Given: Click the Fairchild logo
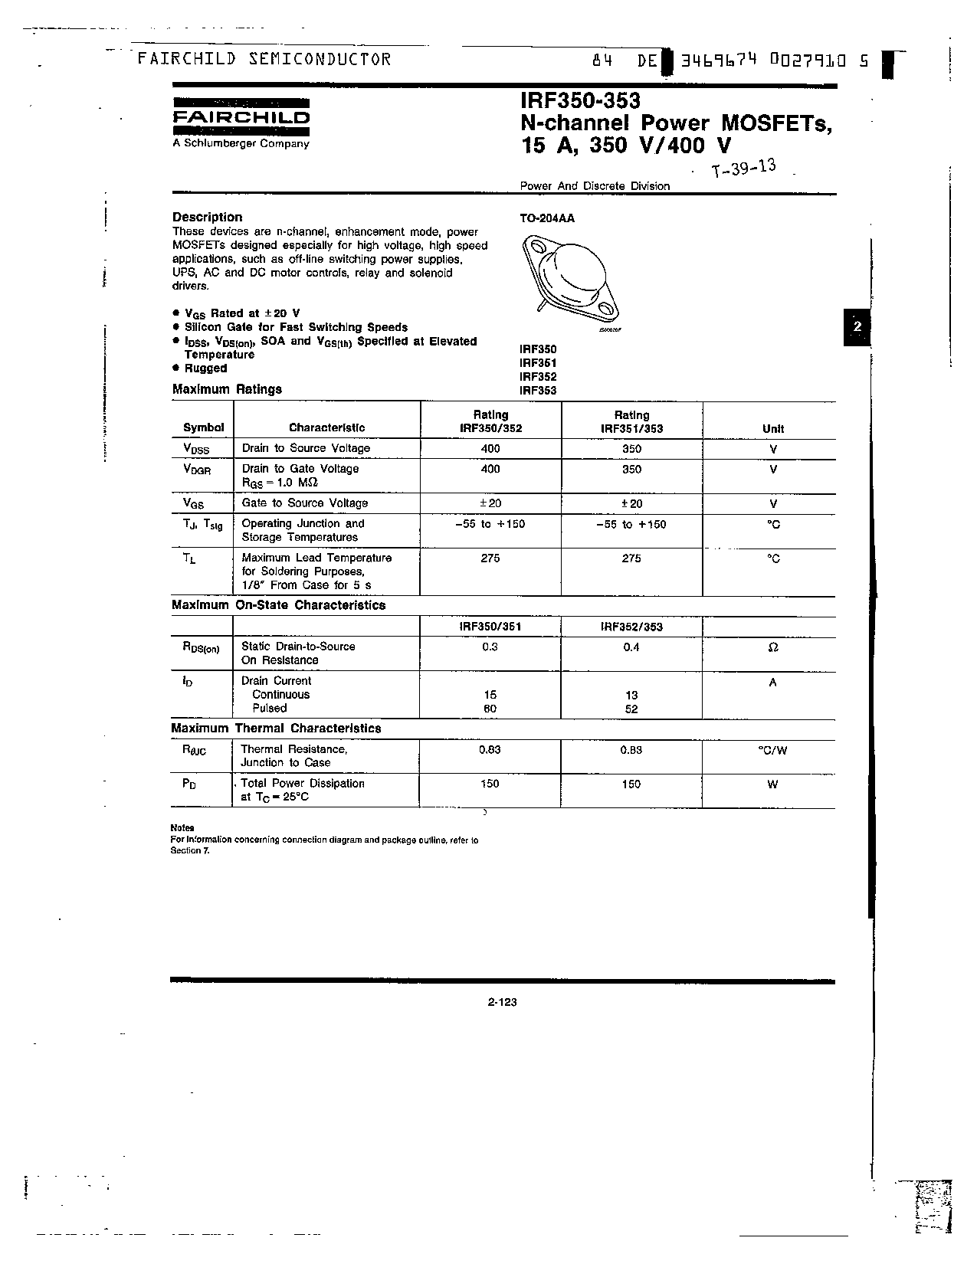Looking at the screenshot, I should (241, 116).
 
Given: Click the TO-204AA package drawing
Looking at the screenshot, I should (569, 279).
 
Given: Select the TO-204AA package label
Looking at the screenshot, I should (546, 218).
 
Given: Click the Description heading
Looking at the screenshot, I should (207, 217).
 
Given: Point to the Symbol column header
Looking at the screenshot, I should (203, 428).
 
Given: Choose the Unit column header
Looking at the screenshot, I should (772, 429).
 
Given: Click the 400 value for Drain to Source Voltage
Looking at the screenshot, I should (490, 449).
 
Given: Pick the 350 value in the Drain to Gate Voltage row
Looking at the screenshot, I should (631, 469).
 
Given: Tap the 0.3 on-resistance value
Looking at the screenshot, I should (490, 647).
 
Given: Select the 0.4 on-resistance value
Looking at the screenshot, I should (631, 647).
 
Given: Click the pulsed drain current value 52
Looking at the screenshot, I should (631, 709).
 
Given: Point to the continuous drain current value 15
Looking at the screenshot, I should (490, 695).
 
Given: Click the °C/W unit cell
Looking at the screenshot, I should (772, 751).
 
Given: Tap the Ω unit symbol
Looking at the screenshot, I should (772, 647).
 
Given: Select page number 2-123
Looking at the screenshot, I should (502, 1002).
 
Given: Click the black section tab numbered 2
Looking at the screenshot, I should (857, 326).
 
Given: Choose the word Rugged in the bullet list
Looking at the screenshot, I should (205, 368).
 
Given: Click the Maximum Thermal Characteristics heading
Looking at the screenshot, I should (276, 729).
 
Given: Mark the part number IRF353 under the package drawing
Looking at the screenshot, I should (538, 390).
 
